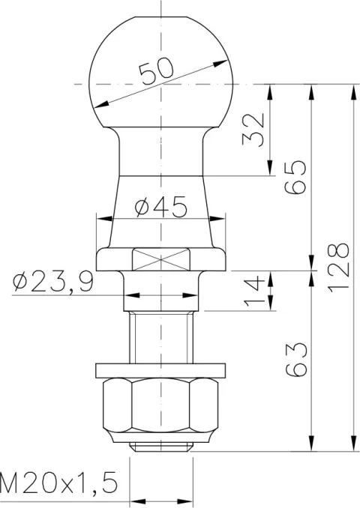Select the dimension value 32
[x=254, y=130]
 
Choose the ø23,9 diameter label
[x=52, y=282]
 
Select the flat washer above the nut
[x=160, y=369]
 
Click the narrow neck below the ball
[x=160, y=150]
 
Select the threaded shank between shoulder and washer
[x=160, y=337]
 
